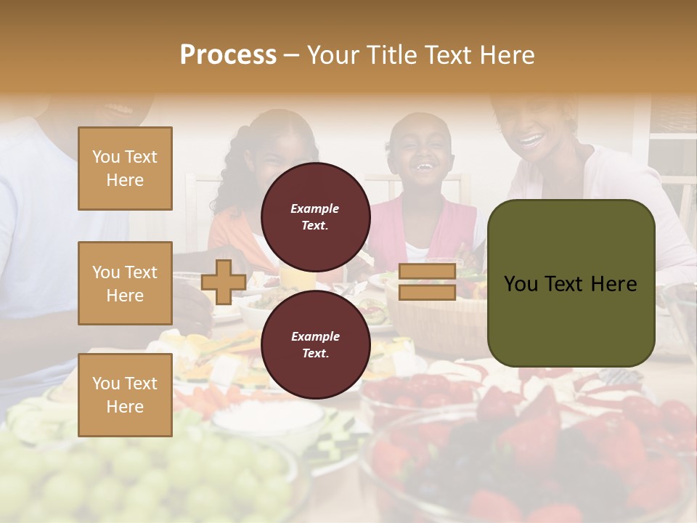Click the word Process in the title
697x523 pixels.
tap(228, 55)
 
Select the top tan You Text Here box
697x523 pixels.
tap(125, 169)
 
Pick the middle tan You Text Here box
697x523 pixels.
tap(125, 283)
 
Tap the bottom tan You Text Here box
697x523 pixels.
tap(125, 394)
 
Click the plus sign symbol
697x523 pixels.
tap(224, 282)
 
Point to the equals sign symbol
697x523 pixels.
tap(427, 282)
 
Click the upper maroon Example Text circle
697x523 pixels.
tap(315, 216)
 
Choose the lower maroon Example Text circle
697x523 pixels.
tap(315, 344)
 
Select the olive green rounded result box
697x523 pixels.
tap(571, 283)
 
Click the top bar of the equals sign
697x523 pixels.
tap(427, 272)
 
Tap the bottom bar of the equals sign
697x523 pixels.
tap(427, 292)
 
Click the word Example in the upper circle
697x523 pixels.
tap(315, 208)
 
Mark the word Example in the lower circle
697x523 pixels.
tap(315, 336)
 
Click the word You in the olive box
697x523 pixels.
tap(521, 284)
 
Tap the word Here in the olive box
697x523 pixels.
tap(614, 284)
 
